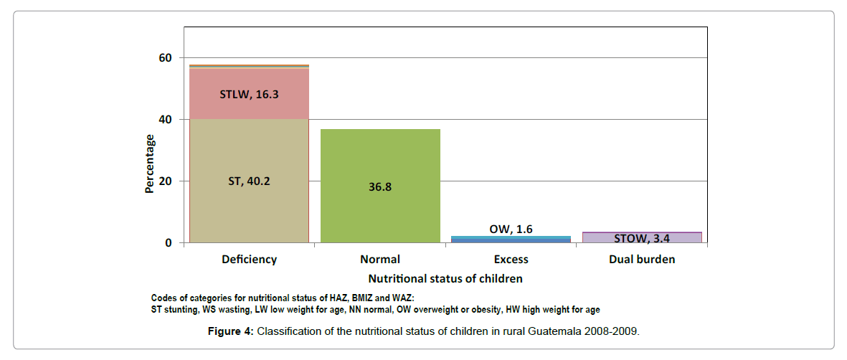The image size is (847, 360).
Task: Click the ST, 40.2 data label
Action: [249, 181]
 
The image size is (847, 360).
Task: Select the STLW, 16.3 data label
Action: [249, 94]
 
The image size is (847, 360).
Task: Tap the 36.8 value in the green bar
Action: [380, 186]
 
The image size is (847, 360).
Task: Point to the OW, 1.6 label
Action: [511, 229]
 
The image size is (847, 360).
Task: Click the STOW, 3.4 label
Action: [642, 238]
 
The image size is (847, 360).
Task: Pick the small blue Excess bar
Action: [511, 240]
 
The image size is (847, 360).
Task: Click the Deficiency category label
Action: [249, 260]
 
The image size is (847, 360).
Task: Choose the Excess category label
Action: [511, 260]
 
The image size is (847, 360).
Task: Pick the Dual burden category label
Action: [642, 260]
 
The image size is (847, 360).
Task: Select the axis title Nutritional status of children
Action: [445, 278]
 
